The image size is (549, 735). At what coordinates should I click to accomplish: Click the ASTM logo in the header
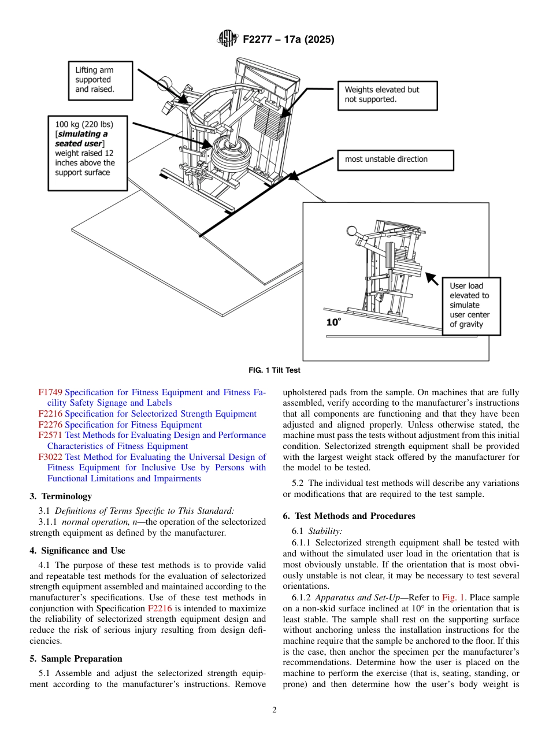click(227, 39)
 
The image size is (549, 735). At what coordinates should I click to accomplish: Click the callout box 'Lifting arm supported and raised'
click(100, 80)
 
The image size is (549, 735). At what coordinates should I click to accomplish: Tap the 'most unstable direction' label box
click(395, 159)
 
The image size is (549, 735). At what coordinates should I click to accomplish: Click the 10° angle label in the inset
click(333, 322)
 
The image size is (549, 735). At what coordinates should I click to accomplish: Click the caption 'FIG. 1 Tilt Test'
click(274, 370)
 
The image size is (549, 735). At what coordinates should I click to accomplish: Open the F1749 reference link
click(50, 392)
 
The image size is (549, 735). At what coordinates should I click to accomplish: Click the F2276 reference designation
click(50, 425)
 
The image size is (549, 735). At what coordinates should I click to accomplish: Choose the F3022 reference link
click(50, 457)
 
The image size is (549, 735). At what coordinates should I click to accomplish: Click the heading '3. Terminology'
click(60, 496)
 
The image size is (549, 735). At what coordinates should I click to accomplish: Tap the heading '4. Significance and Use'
click(77, 551)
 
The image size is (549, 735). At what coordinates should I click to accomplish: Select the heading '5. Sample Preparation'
click(76, 659)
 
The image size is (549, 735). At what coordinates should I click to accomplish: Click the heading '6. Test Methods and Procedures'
click(349, 516)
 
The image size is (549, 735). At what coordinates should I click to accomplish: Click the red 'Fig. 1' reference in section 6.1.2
click(452, 597)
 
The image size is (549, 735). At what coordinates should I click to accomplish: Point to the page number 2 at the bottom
click(274, 710)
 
